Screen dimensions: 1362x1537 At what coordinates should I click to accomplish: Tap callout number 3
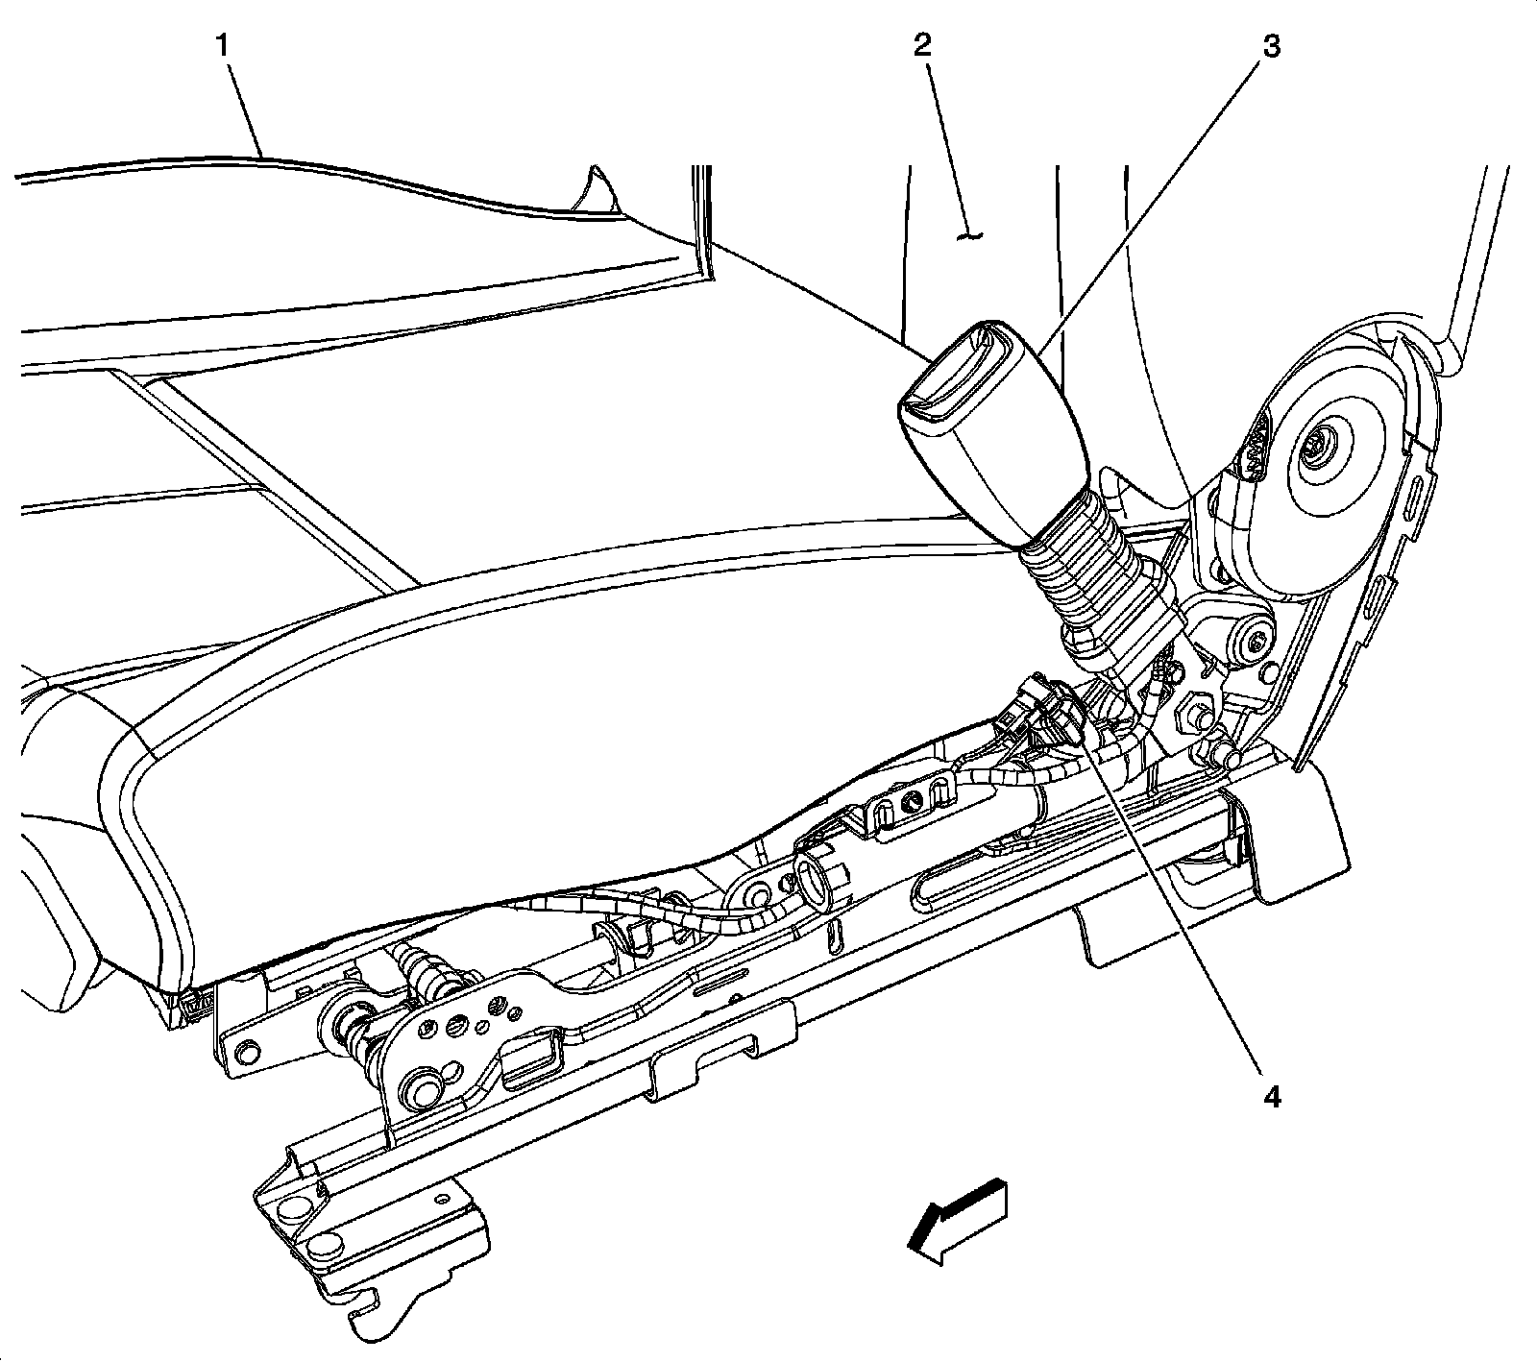click(x=1270, y=45)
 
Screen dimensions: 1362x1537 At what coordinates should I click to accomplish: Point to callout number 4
click(x=1271, y=1096)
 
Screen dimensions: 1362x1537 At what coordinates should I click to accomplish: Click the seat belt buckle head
click(x=989, y=432)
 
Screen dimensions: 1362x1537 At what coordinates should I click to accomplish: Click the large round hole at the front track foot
click(x=300, y=1207)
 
